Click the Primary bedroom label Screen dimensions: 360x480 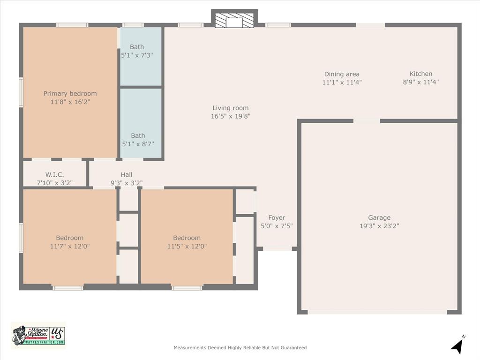70,93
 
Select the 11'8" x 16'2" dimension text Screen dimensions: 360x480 70,102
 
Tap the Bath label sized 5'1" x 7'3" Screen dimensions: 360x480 137,47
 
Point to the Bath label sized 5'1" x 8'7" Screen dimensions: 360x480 138,136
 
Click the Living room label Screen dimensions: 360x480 230,108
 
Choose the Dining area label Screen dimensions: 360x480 342,74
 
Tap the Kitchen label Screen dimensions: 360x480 420,74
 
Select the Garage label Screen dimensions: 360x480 379,217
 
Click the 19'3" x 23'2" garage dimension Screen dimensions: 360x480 379,226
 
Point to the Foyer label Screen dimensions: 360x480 277,217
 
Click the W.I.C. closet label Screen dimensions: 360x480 54,175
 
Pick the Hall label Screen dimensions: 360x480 126,175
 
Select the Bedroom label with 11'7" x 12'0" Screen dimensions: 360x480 69,238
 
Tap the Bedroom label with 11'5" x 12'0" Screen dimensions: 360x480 187,238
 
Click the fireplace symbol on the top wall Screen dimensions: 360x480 234,20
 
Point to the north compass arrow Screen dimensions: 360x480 457,345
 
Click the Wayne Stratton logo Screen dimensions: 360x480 38,335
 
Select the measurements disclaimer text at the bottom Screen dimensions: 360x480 240,348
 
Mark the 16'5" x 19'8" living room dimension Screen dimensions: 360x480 230,116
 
